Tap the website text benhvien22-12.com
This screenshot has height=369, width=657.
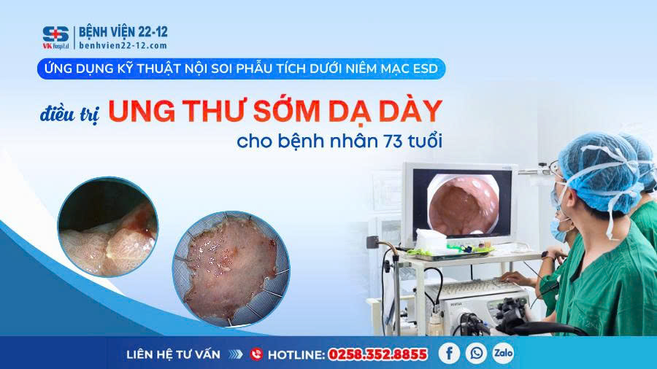[123, 46]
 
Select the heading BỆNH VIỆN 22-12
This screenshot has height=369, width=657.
[123, 32]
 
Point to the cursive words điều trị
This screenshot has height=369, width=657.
[70, 114]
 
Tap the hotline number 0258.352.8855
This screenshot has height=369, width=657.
[377, 354]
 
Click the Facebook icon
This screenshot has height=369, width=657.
[449, 353]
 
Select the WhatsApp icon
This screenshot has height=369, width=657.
[477, 353]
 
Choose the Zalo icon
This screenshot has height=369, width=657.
[503, 353]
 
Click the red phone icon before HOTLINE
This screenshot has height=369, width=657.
[256, 354]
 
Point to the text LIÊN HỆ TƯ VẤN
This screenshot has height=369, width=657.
[173, 354]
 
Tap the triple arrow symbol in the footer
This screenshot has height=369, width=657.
[236, 354]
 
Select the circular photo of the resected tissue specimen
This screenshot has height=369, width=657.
[231, 269]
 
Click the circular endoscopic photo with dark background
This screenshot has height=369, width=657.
[108, 226]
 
